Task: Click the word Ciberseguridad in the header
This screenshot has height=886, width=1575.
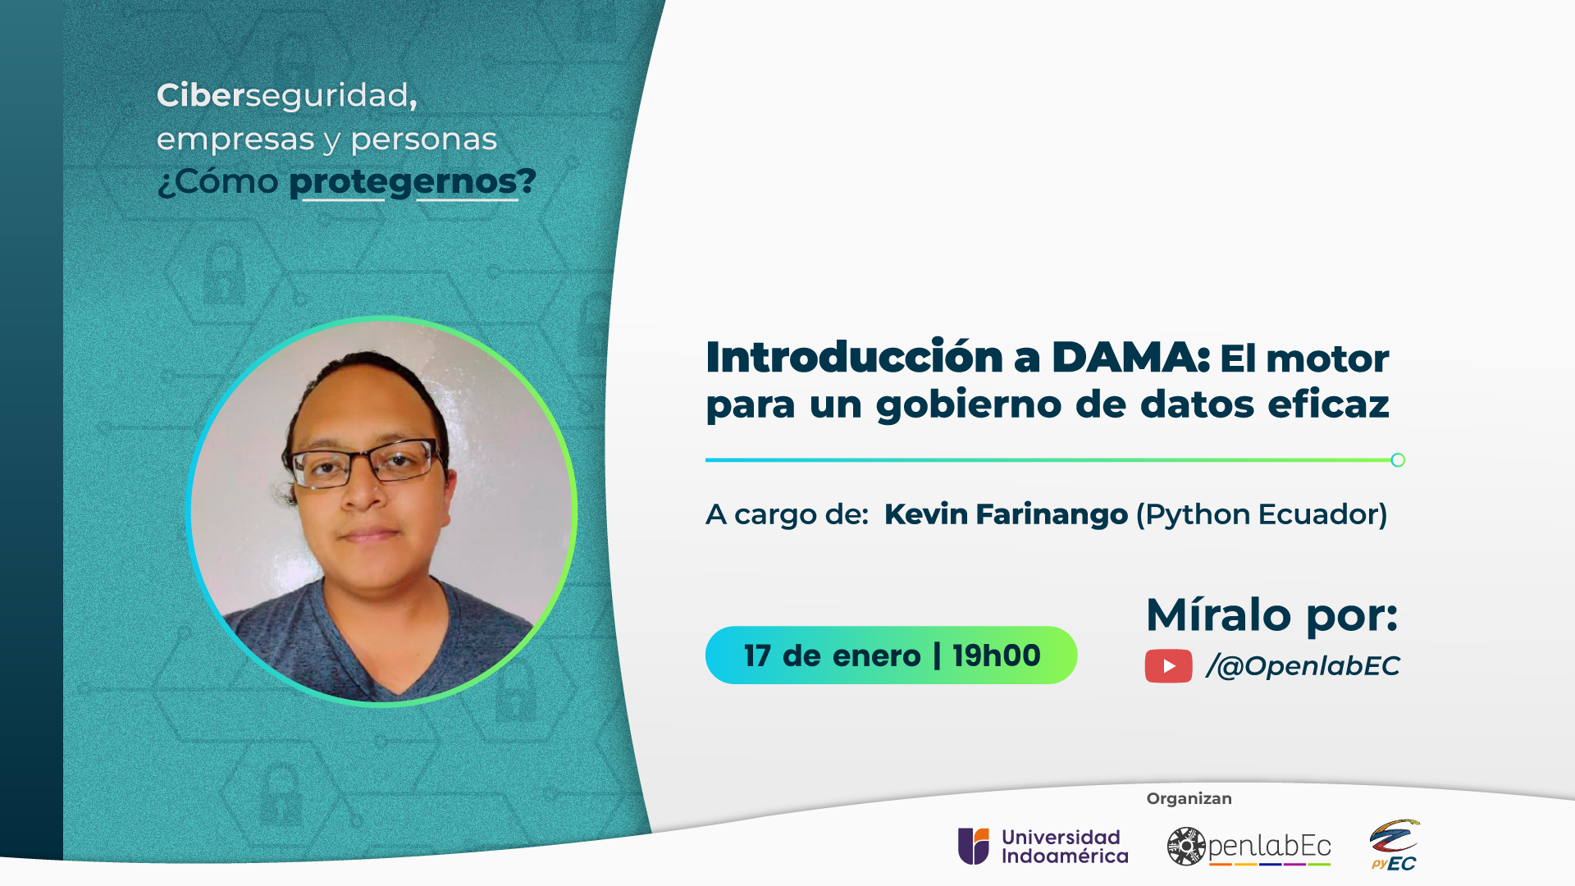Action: pyautogui.click(x=286, y=96)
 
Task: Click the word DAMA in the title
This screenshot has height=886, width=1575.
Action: pyautogui.click(x=1130, y=358)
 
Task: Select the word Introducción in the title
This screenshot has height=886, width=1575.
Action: pyautogui.click(x=854, y=357)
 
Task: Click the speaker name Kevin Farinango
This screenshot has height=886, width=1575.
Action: pyautogui.click(x=1006, y=514)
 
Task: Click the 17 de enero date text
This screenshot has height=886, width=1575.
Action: pyautogui.click(x=833, y=656)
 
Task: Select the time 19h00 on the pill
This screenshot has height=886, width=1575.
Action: pyautogui.click(x=997, y=655)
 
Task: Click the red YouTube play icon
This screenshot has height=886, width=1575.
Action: pyautogui.click(x=1168, y=666)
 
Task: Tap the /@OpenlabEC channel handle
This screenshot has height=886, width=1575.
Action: pyautogui.click(x=1303, y=666)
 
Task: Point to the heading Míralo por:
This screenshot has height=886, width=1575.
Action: pyautogui.click(x=1271, y=615)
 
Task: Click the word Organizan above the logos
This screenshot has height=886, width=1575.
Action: pyautogui.click(x=1189, y=799)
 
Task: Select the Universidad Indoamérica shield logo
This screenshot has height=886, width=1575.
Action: pyautogui.click(x=974, y=846)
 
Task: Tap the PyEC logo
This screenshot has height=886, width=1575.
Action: pyautogui.click(x=1394, y=845)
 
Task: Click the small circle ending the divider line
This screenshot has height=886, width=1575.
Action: pyautogui.click(x=1398, y=460)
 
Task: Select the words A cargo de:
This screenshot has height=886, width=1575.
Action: pyautogui.click(x=787, y=515)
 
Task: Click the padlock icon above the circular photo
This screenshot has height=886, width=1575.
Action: pyautogui.click(x=223, y=273)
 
